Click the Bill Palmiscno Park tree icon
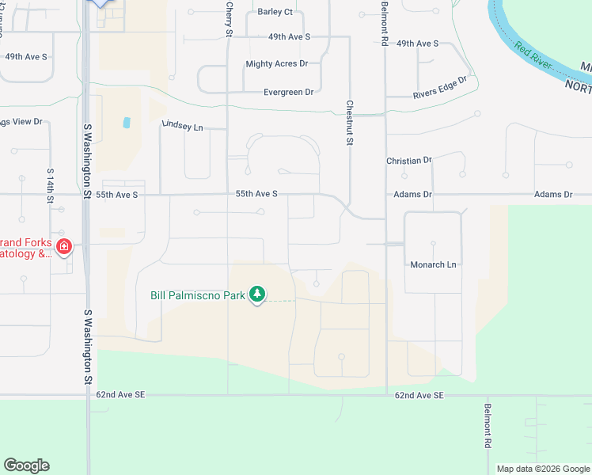pos(256,294)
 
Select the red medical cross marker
pos(63,248)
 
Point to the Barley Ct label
pos(275,12)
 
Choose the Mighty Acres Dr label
pos(276,63)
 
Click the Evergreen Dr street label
pos(288,92)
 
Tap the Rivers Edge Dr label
pos(440,88)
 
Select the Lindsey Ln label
pos(183,126)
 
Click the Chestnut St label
pos(349,122)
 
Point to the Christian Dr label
pos(409,160)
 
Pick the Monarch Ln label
pos(433,264)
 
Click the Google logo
pos(26,465)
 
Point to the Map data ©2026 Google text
pos(542,469)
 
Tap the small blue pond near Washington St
pos(127,123)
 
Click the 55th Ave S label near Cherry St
pos(256,194)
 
